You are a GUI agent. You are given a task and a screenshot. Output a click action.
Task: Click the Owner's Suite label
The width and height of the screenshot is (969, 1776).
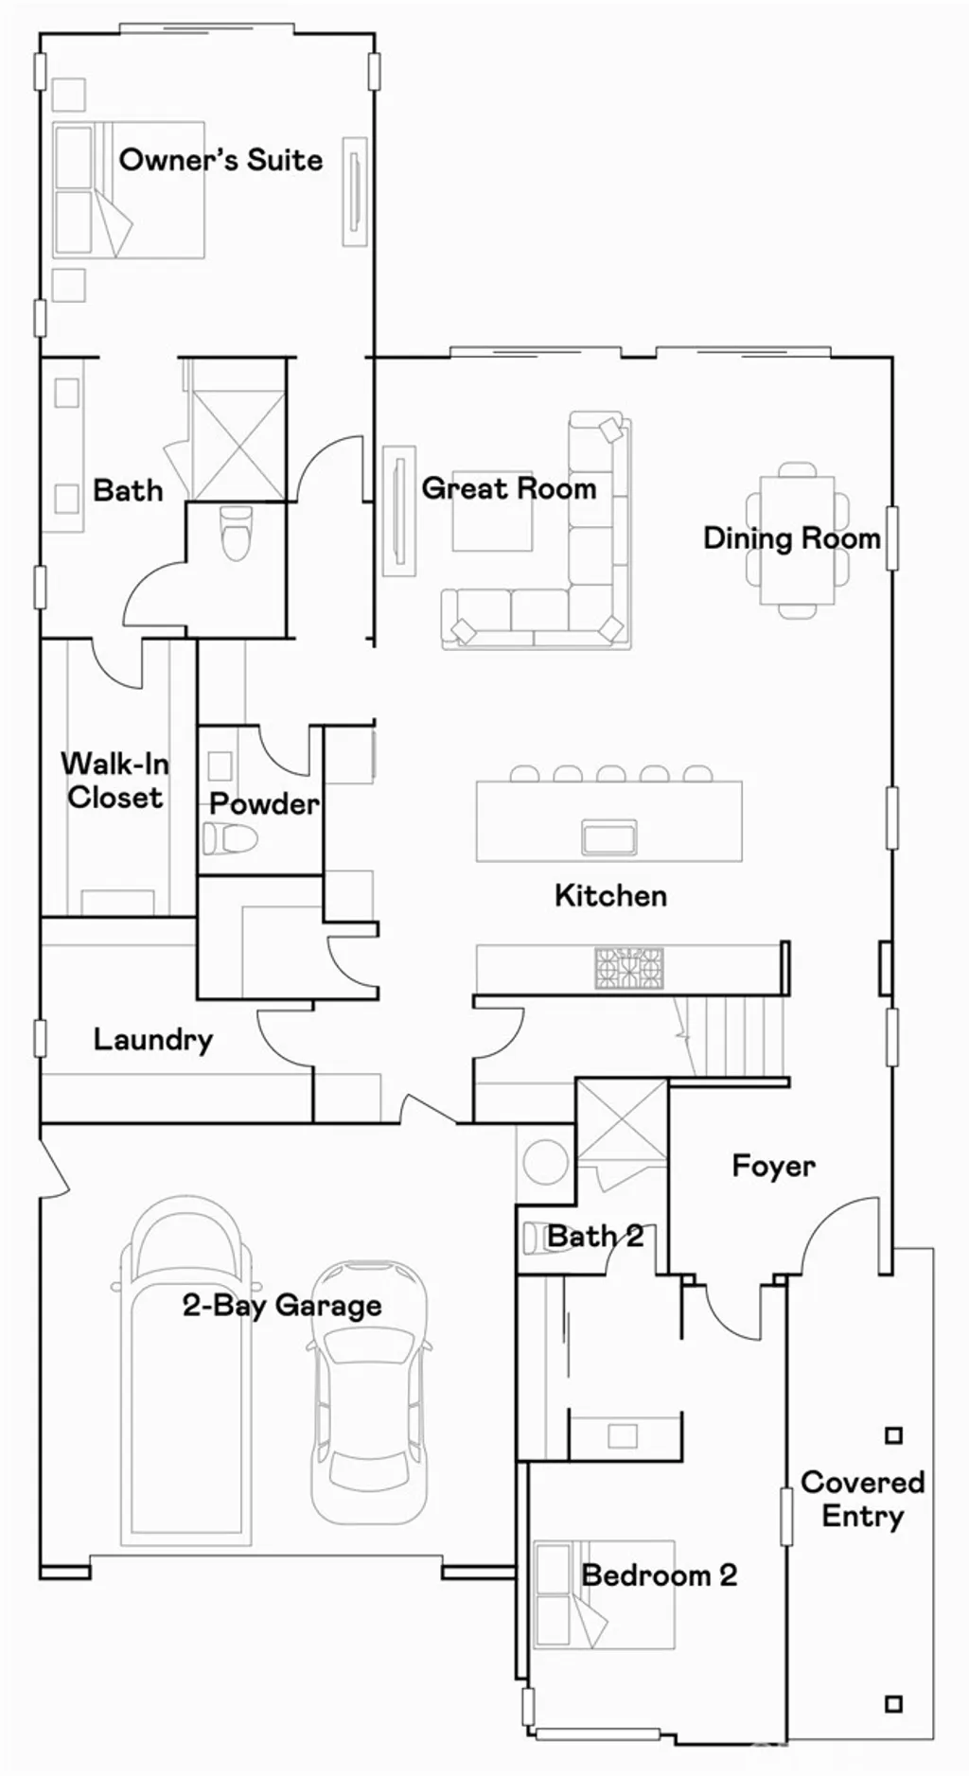pyautogui.click(x=220, y=159)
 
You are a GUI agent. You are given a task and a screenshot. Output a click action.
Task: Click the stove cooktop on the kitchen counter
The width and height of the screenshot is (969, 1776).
pyautogui.click(x=629, y=968)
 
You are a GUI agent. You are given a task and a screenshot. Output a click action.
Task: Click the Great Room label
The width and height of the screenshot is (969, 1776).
pyautogui.click(x=509, y=488)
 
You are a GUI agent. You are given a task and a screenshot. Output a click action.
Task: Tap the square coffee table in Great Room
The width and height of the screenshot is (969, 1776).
pyautogui.click(x=492, y=519)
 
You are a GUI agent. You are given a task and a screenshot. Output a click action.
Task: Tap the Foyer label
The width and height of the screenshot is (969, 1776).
pyautogui.click(x=773, y=1166)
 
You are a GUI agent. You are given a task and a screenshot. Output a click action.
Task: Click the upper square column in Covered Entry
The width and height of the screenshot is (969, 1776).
pyautogui.click(x=893, y=1435)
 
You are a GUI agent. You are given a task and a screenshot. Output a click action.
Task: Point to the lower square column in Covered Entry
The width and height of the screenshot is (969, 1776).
pyautogui.click(x=893, y=1704)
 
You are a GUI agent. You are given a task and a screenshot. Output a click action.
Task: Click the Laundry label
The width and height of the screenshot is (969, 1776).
pyautogui.click(x=152, y=1039)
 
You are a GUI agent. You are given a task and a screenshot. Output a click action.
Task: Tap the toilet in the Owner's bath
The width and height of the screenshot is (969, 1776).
pyautogui.click(x=236, y=533)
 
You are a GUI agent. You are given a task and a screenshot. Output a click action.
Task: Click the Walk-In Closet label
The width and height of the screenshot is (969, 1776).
pyautogui.click(x=115, y=780)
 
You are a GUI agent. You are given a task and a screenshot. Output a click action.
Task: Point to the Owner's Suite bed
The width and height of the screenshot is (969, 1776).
pyautogui.click(x=128, y=189)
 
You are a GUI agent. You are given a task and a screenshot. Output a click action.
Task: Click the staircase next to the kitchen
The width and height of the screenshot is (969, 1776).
pyautogui.click(x=733, y=1037)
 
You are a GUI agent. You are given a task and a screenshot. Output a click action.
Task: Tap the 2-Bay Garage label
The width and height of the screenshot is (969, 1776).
pyautogui.click(x=282, y=1306)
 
